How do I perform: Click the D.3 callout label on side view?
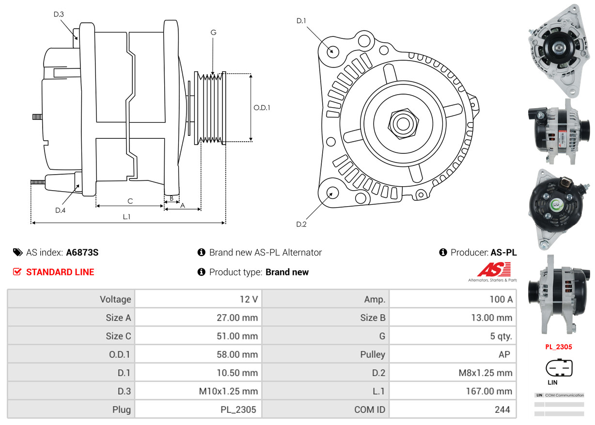pyautogui.click(x=58, y=14)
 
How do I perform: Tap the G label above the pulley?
pyautogui.click(x=213, y=33)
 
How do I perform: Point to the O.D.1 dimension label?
pyautogui.click(x=262, y=108)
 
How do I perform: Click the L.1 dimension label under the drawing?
pyautogui.click(x=126, y=217)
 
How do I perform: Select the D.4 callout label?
pyautogui.click(x=60, y=210)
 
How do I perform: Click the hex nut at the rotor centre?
pyautogui.click(x=402, y=123)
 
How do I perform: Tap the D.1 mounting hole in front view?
pyautogui.click(x=332, y=51)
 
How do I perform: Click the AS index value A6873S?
pyautogui.click(x=82, y=252)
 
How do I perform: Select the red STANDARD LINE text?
pyautogui.click(x=60, y=272)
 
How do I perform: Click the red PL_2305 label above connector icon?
pyautogui.click(x=559, y=347)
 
